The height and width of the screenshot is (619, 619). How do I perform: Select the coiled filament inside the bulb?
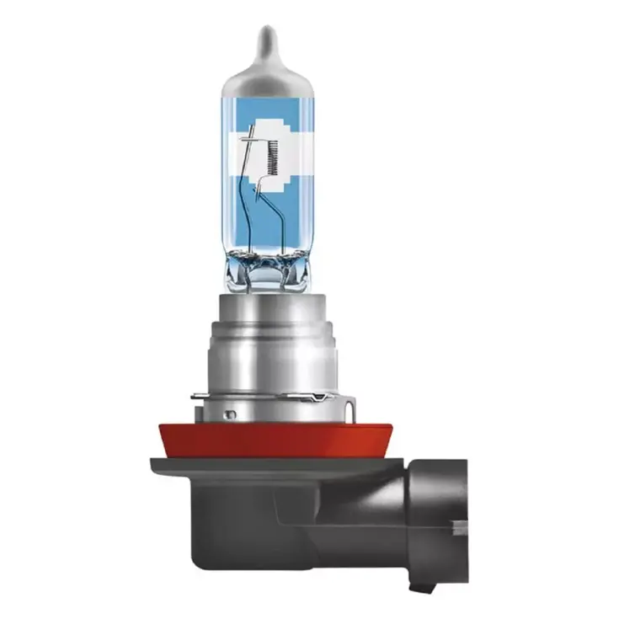coord(272,154)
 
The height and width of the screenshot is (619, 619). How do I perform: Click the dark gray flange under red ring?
coord(253,466)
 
